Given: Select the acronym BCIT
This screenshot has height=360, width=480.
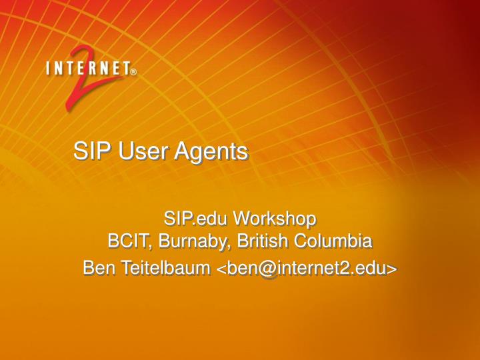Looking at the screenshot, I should point(126,240).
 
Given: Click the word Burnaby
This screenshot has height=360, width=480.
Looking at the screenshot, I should point(184,241).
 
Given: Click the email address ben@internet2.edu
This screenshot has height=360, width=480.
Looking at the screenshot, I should point(307,268).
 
